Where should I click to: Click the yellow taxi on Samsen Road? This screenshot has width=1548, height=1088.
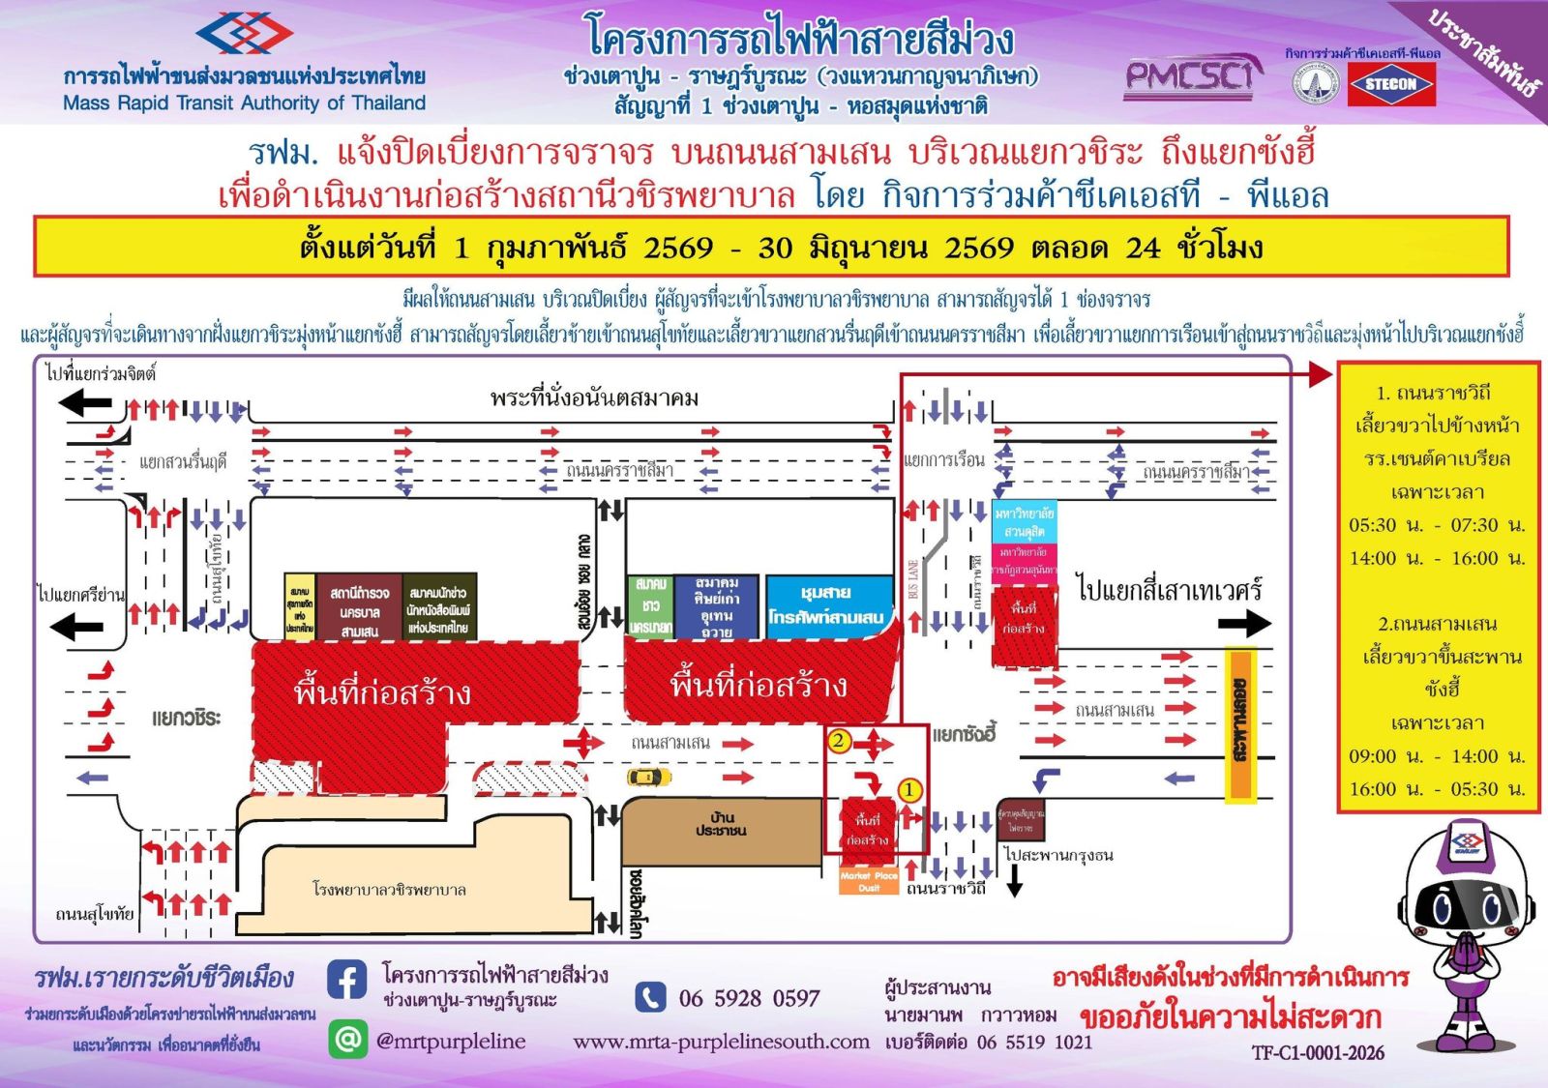(649, 776)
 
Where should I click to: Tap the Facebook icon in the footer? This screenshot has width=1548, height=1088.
(346, 980)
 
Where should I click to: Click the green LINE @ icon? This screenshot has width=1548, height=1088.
(346, 1039)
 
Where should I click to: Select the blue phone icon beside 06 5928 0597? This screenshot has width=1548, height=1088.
(650, 997)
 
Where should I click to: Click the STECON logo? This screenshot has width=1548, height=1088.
(1390, 85)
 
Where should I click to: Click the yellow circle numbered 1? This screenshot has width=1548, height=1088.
(908, 790)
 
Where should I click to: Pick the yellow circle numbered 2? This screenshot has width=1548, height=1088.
(839, 742)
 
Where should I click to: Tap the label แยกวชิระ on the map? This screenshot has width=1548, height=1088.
(187, 718)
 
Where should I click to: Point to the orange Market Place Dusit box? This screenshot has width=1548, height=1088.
(869, 881)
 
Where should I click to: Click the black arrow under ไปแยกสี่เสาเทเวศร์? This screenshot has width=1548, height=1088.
(1244, 624)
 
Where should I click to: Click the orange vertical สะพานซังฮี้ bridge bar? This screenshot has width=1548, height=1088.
(1239, 725)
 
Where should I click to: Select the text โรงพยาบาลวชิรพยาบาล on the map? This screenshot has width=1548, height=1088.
(389, 889)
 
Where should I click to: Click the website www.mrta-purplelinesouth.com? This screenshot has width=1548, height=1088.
(721, 1042)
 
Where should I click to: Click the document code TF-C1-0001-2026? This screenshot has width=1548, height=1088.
(1318, 1053)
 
